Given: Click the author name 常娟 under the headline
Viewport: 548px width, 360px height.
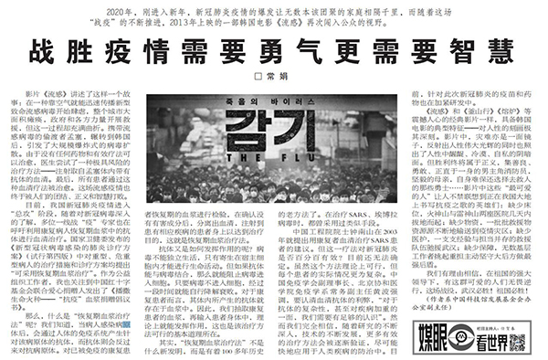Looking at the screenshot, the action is [x=279, y=76].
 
